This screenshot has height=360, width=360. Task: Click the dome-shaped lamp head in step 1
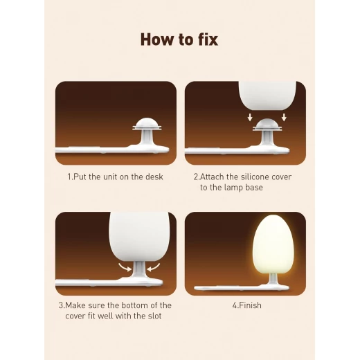point(147,124)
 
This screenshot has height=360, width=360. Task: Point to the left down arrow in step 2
point(250,117)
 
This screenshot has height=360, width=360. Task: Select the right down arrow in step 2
point(284,117)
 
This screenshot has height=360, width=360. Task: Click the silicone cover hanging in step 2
point(267,94)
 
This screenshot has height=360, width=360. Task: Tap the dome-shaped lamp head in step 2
point(267,125)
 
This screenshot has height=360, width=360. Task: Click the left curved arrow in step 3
point(125,267)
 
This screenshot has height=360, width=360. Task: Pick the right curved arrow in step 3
point(154,267)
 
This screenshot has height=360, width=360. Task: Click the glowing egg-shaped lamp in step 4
point(273,244)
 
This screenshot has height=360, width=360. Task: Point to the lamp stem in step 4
point(273,279)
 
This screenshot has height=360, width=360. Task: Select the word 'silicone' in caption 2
point(255,177)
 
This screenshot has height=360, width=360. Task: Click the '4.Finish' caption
point(247,305)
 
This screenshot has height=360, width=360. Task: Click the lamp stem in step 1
point(147,138)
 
